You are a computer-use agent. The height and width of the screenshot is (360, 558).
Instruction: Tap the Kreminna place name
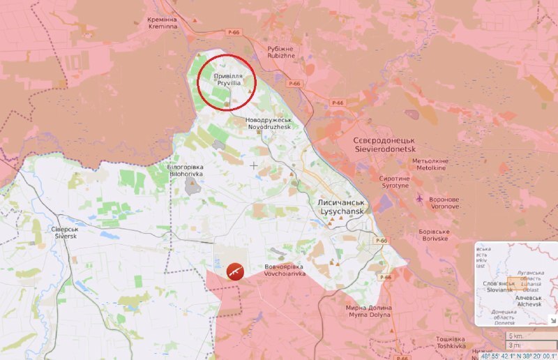163,23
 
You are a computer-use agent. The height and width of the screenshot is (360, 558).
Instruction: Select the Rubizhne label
282,52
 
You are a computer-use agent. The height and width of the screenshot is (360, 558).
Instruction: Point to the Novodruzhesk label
269,123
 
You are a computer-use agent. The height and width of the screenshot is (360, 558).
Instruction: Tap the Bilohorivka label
184,171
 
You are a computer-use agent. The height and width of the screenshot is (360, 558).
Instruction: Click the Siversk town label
64,232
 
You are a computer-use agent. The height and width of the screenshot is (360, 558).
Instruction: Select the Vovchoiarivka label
285,270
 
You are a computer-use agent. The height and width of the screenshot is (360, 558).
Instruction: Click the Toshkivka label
451,342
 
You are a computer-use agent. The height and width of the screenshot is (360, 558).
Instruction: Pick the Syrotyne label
394,182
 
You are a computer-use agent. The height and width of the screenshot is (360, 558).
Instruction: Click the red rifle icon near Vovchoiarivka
235,270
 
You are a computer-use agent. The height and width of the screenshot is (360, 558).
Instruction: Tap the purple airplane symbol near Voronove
419,199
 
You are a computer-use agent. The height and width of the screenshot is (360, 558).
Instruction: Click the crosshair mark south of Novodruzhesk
253,165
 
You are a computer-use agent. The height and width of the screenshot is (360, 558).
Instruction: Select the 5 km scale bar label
515,336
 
